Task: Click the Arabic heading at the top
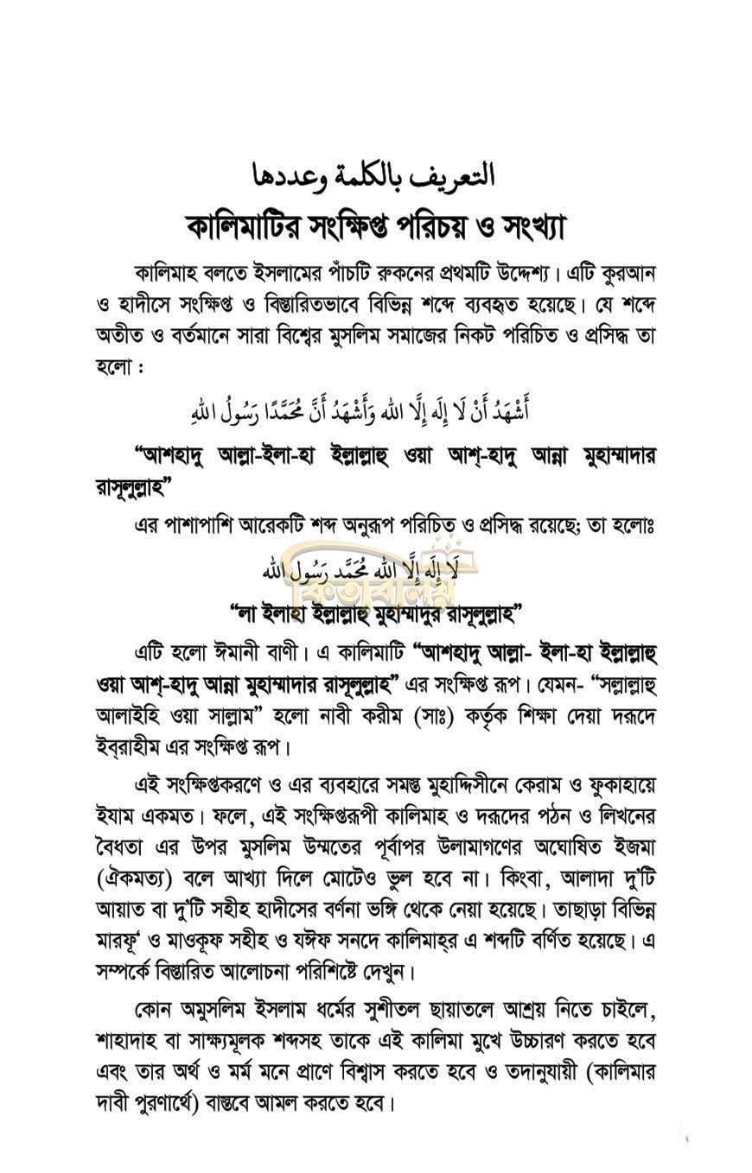tap(374, 175)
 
